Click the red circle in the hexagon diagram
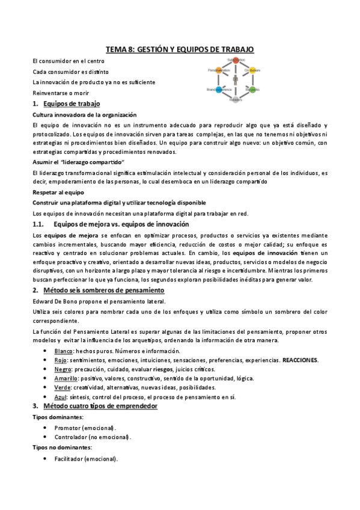click(x=236, y=61)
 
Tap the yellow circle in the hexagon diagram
click(x=253, y=70)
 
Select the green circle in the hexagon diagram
click(x=253, y=90)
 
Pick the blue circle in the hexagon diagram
click(x=219, y=90)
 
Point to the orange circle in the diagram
click(x=219, y=70)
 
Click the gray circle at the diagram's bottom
click(x=236, y=99)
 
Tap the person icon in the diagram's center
click(x=236, y=80)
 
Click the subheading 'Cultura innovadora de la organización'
click(x=84, y=114)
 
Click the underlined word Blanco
click(x=64, y=351)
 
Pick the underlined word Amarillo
click(x=67, y=378)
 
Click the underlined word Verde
click(x=63, y=387)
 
